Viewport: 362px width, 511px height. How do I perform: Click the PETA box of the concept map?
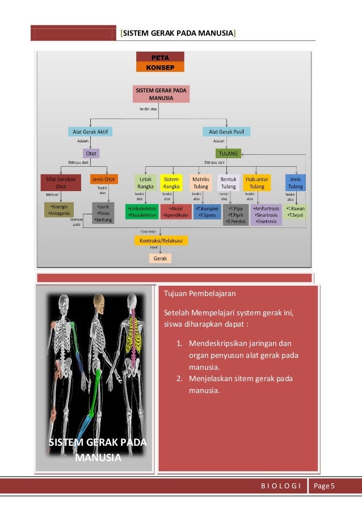pos(160,57)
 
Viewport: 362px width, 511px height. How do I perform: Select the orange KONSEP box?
pos(160,67)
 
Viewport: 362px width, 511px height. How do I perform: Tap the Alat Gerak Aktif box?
pos(90,132)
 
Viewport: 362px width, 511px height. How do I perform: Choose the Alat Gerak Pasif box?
pos(226,132)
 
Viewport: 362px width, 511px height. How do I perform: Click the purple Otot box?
pos(90,153)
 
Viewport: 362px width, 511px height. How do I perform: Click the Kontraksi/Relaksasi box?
pos(161,240)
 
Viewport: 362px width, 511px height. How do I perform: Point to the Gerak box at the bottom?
pos(160,258)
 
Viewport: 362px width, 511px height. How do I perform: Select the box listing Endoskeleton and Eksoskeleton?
pos(141,212)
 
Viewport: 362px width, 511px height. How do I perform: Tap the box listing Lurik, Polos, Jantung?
pos(103,212)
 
